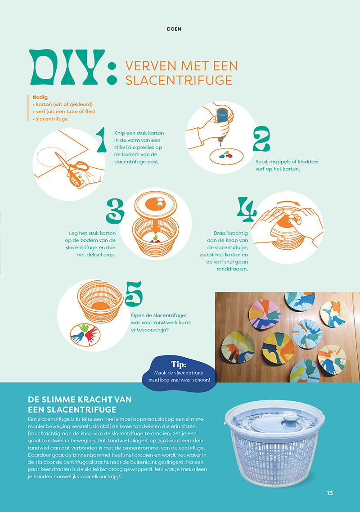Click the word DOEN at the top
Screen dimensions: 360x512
point(174,29)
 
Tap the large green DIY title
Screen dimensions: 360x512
point(73,67)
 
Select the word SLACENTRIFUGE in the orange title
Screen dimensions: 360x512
point(179,80)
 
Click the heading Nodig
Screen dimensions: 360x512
point(40,97)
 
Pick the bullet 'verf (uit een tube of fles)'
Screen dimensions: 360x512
point(64,111)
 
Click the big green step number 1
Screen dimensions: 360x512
point(102,140)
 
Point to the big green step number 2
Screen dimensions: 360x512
point(261,139)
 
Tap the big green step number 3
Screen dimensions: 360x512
point(115,211)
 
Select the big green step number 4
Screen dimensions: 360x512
point(247,209)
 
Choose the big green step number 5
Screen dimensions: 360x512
point(134,293)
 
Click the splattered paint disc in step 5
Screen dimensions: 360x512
point(85,335)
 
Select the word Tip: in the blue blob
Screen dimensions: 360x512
point(179,364)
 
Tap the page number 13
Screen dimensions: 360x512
point(329,493)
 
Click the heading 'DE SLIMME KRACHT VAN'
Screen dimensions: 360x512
point(80,400)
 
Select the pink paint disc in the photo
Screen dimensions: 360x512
point(264,314)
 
